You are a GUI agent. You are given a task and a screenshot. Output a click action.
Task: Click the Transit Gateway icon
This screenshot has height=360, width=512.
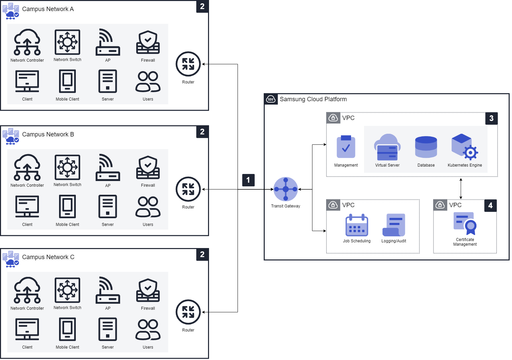click(286, 189)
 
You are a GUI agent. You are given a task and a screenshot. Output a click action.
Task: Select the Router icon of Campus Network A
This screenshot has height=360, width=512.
click(188, 64)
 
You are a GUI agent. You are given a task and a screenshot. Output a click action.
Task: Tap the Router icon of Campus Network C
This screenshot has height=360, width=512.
click(188, 312)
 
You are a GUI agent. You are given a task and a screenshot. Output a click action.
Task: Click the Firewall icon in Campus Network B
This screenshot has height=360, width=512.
click(148, 167)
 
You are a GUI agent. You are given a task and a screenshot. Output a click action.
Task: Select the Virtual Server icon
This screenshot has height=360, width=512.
click(387, 147)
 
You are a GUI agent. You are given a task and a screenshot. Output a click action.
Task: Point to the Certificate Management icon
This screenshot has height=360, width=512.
click(465, 223)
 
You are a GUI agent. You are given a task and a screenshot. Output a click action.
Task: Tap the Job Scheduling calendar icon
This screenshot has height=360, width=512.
click(357, 225)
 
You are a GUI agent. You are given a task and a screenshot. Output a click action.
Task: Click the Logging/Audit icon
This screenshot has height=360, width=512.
click(394, 225)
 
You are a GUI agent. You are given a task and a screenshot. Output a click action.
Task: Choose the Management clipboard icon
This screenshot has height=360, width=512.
click(346, 147)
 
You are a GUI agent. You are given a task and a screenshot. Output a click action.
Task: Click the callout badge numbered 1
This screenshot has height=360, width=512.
click(248, 180)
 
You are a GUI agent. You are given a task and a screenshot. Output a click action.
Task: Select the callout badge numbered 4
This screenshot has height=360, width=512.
click(491, 205)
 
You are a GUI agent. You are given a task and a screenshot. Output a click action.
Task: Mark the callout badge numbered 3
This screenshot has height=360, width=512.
click(492, 118)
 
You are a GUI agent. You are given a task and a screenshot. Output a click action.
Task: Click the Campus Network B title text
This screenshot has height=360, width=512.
click(48, 134)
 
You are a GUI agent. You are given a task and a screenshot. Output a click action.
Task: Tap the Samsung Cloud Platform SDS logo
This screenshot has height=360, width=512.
click(271, 99)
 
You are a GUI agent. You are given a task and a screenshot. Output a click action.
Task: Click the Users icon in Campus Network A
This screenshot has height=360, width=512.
click(148, 81)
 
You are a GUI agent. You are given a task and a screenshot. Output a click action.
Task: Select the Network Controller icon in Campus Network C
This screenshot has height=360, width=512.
click(27, 290)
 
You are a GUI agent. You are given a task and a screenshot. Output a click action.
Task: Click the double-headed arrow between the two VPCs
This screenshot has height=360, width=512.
click(461, 189)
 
